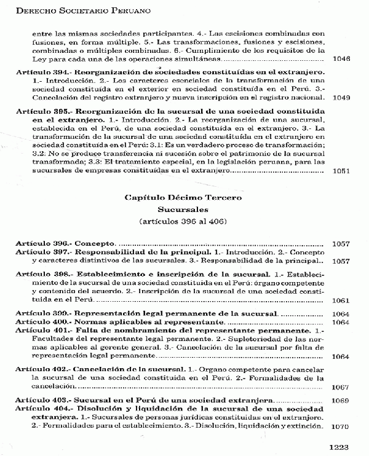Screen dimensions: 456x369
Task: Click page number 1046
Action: (x=340, y=60)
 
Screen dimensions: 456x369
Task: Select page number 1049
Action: (x=340, y=97)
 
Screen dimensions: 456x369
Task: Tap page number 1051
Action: (x=340, y=171)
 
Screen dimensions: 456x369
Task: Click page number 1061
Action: (x=340, y=301)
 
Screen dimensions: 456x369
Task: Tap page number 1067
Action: (x=340, y=387)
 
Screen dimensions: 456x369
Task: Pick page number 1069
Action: (x=340, y=401)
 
